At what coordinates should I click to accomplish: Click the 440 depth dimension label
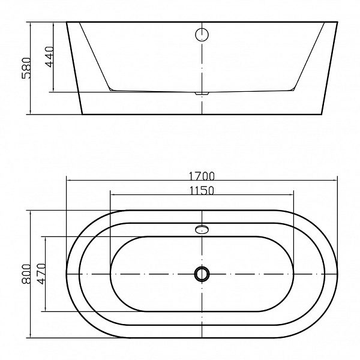pos(49,56)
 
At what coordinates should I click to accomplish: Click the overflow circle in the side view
pos(202,34)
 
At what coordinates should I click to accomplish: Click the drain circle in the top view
pos(202,274)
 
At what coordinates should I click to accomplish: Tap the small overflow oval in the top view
pos(202,229)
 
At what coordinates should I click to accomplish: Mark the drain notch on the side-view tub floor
pos(202,94)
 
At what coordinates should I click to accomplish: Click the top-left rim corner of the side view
pos(67,23)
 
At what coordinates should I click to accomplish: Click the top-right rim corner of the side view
pos(338,23)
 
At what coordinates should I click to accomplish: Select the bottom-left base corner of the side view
pos(81,115)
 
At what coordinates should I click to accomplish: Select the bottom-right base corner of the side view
pos(323,115)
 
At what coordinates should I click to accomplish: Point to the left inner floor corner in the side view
pos(112,90)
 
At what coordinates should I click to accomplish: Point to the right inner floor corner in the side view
pos(293,90)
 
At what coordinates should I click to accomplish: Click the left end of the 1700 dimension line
pos(66,180)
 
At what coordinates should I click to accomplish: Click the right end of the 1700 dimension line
pos(338,180)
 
